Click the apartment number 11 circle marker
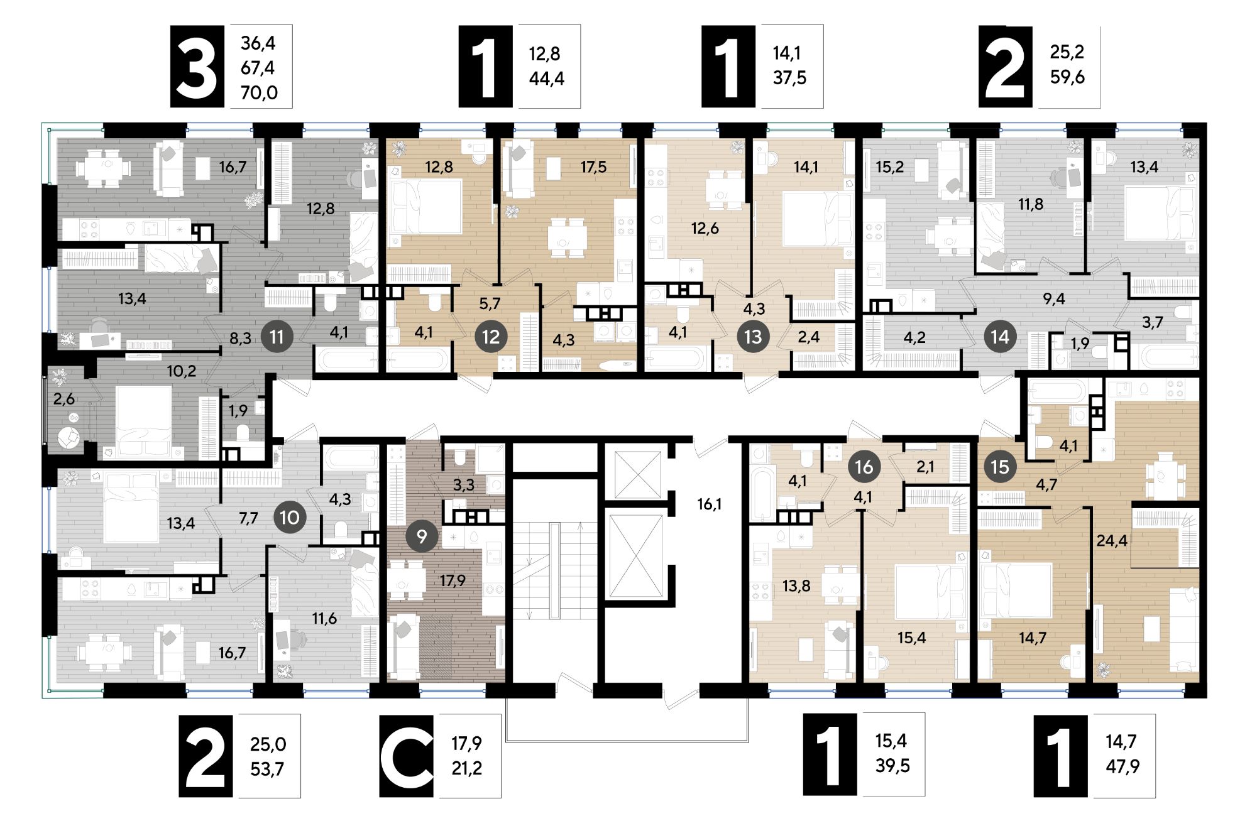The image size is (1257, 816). (277, 337)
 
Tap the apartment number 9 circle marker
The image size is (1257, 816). (422, 536)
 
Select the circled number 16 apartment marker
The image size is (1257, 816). (864, 467)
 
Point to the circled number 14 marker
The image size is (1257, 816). (1000, 337)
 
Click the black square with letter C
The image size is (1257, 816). (407, 756)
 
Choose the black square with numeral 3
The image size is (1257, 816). (197, 67)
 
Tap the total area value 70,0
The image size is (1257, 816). (259, 93)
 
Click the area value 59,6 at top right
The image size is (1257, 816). (1067, 77)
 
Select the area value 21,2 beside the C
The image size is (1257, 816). (467, 768)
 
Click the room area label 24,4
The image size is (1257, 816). (1112, 540)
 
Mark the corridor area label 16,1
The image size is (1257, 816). (709, 504)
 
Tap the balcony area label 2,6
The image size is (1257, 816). (64, 399)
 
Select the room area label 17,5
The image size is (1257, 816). (593, 167)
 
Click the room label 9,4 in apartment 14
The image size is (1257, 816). (1054, 299)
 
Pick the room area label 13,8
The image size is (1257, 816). (796, 586)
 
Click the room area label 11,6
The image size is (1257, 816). (324, 619)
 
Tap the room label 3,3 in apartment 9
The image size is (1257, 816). (464, 484)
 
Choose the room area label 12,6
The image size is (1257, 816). (705, 228)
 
